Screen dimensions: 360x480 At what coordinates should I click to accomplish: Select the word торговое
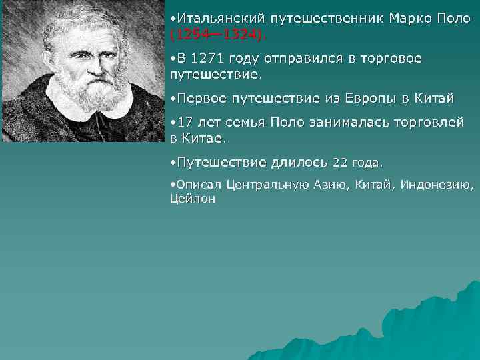391,59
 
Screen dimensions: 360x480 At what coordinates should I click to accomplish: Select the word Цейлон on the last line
193,199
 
